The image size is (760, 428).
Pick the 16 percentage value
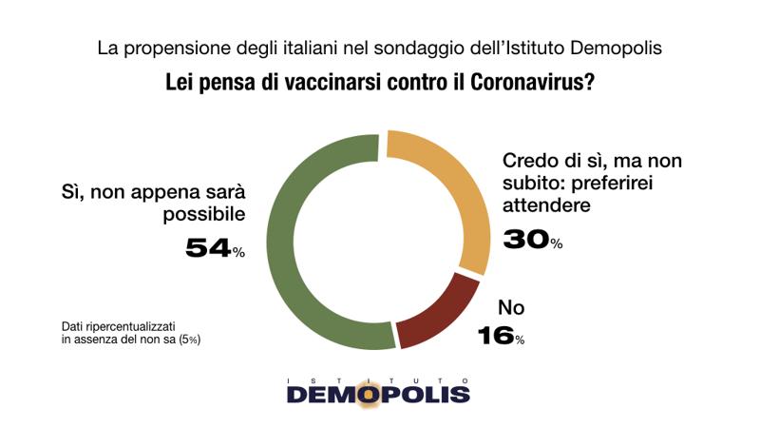pos(495,335)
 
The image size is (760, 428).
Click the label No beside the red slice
pos(512,307)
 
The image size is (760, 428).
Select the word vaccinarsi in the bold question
pos(313,82)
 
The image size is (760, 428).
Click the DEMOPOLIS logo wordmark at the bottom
pos(378,393)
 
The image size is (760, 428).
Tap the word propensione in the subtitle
pos(172,48)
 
